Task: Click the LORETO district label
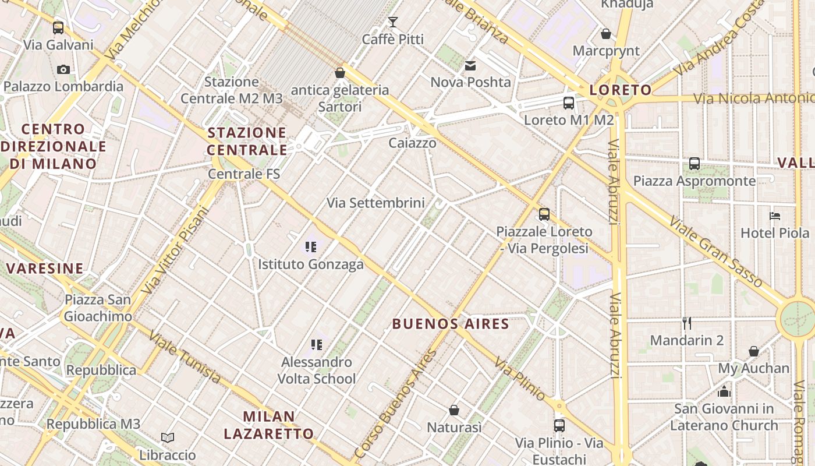tap(621, 90)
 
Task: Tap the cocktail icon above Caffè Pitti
tap(393, 22)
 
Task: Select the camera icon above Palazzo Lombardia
tap(63, 69)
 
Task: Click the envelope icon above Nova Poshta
tap(470, 65)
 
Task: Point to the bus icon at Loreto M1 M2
tap(569, 103)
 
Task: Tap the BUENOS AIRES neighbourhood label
tap(451, 324)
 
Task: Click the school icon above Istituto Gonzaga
tap(311, 247)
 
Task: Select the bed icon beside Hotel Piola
tap(775, 216)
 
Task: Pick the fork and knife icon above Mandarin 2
tap(687, 323)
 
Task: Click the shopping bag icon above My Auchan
tap(754, 351)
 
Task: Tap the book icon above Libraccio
tap(168, 437)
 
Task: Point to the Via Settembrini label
tap(375, 203)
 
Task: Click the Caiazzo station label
tap(412, 143)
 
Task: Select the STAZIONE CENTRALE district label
tap(247, 141)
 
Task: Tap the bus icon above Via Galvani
tap(58, 27)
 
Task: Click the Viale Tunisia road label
tap(185, 357)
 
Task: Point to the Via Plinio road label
tap(520, 379)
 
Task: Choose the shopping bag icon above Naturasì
tap(454, 410)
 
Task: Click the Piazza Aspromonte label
tap(694, 181)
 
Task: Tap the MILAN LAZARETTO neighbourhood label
tap(269, 425)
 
